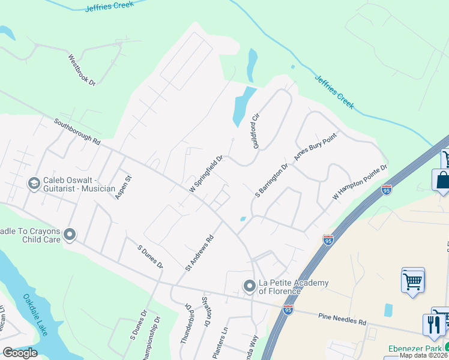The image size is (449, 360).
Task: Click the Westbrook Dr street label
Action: (x=82, y=70)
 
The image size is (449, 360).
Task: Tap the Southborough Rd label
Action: (x=77, y=131)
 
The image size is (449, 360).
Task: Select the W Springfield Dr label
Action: (x=206, y=175)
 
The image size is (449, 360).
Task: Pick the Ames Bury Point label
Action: (x=315, y=147)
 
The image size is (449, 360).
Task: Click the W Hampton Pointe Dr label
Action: (x=360, y=183)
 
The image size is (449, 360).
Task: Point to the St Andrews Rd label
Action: (x=200, y=253)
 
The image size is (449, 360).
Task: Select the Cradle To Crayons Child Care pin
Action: (x=70, y=234)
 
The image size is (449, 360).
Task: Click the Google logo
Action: (x=20, y=353)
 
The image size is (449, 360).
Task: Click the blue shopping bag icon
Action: (x=442, y=181)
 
